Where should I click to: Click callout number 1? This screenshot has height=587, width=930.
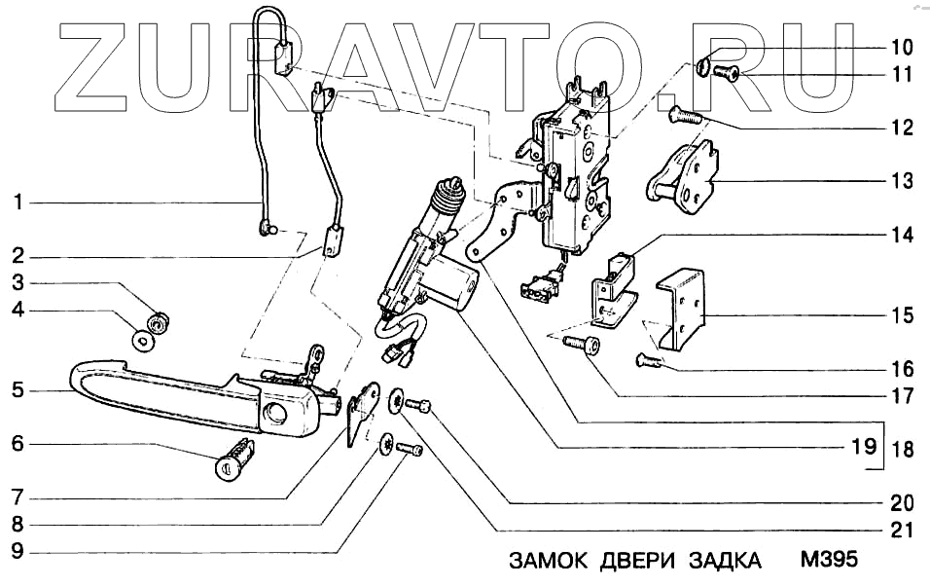point(18,203)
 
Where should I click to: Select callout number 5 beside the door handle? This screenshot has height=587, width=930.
point(18,391)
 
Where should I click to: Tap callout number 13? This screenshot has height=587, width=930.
point(901,181)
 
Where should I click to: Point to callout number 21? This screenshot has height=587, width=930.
point(901,531)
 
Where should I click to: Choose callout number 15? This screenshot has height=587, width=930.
point(901,315)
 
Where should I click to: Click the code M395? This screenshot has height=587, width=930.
point(829,562)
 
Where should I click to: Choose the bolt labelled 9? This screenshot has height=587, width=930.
point(409,452)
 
